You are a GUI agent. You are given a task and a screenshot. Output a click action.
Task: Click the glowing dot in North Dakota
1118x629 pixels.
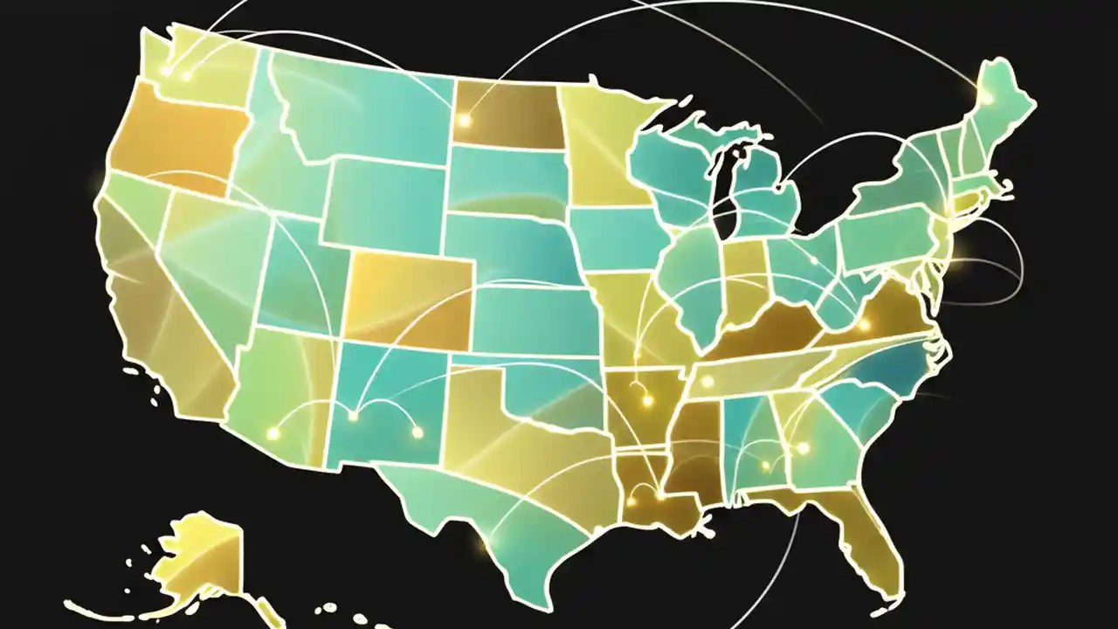pos(465,121)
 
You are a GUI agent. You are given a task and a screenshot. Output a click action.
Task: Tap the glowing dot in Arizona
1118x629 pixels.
pos(273,432)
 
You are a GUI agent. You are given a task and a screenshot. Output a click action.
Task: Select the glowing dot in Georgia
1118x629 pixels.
pos(803,447)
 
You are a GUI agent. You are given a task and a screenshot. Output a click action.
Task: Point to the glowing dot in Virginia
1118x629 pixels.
pos(864,325)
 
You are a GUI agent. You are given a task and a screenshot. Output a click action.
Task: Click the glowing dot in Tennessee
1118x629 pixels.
pos(706,382)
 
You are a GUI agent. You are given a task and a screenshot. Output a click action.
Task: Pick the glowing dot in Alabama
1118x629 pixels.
pos(766,466)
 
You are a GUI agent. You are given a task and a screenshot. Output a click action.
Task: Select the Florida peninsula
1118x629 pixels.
pos(865,542)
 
